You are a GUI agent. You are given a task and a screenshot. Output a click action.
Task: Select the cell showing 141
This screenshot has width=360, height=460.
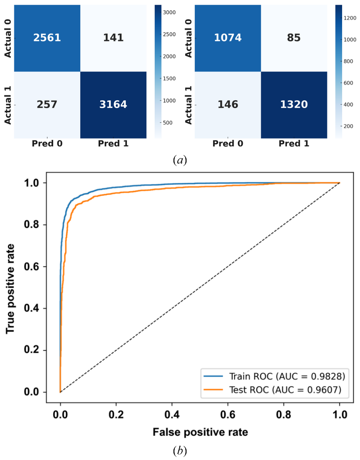[x=113, y=38]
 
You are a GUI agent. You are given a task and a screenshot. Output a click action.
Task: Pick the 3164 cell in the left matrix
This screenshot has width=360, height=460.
[x=113, y=105]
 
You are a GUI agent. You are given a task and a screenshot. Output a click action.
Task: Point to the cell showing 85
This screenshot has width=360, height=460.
[x=294, y=38]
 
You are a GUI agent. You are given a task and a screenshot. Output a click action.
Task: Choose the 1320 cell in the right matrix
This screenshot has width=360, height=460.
[x=294, y=105]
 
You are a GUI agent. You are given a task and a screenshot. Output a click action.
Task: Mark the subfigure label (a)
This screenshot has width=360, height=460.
[x=180, y=160]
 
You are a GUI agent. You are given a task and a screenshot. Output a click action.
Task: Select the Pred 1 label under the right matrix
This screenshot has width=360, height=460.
[x=294, y=144]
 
